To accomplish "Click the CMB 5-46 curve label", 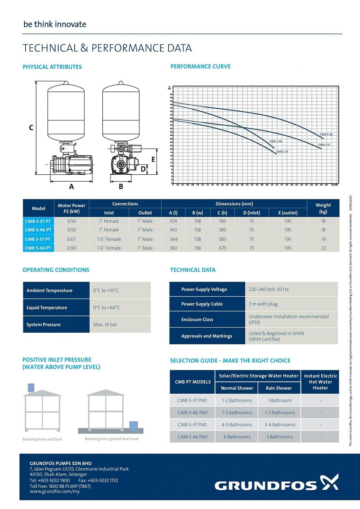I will [326, 135].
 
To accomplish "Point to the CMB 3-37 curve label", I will [282, 152].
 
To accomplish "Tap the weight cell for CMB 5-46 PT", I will [323, 248].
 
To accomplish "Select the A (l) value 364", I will [174, 239].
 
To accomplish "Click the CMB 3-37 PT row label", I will [38, 221].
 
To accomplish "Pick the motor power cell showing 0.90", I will [71, 248].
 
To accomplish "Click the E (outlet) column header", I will [288, 213].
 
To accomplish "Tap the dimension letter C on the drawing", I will [31, 128].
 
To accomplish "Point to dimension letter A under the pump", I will [71, 187].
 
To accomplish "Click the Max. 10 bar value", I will [105, 325].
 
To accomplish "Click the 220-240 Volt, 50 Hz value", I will [269, 289].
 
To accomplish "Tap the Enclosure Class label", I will [197, 320].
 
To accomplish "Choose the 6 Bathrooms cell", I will [237, 437].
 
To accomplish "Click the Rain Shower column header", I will [279, 388].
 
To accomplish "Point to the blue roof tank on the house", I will [31, 387].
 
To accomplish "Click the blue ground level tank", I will [134, 426].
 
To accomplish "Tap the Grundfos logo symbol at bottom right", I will [329, 482].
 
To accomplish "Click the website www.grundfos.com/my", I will [55, 491].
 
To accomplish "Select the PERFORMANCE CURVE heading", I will [200, 66].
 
